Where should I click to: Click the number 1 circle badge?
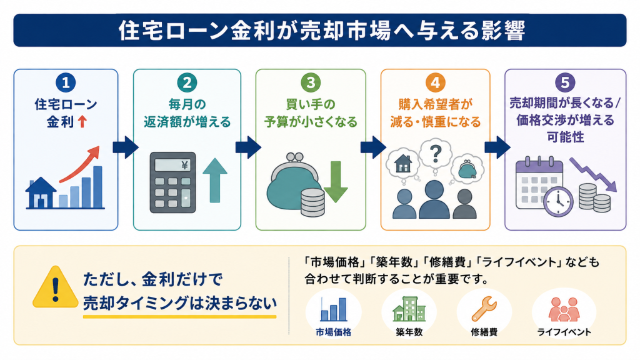click(x=66, y=83)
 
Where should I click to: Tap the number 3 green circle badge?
click(x=311, y=83)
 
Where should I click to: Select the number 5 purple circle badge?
click(x=565, y=83)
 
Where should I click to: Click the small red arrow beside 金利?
click(x=82, y=122)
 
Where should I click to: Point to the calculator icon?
click(x=172, y=182)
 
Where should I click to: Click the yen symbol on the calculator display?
click(x=185, y=165)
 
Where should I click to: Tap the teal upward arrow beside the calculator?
click(x=215, y=181)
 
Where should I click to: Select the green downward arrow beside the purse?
click(x=336, y=182)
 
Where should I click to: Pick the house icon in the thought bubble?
click(x=403, y=163)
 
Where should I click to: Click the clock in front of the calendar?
click(x=558, y=202)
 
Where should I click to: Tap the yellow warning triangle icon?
click(x=56, y=287)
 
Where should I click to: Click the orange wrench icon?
click(x=484, y=309)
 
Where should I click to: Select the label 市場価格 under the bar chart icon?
click(x=334, y=332)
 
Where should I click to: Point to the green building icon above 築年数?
click(x=409, y=309)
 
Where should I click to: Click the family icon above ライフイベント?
click(x=564, y=309)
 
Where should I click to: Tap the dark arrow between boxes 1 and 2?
click(x=125, y=147)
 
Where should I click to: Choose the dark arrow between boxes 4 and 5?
click(x=497, y=147)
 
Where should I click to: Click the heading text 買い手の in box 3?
click(x=311, y=104)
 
